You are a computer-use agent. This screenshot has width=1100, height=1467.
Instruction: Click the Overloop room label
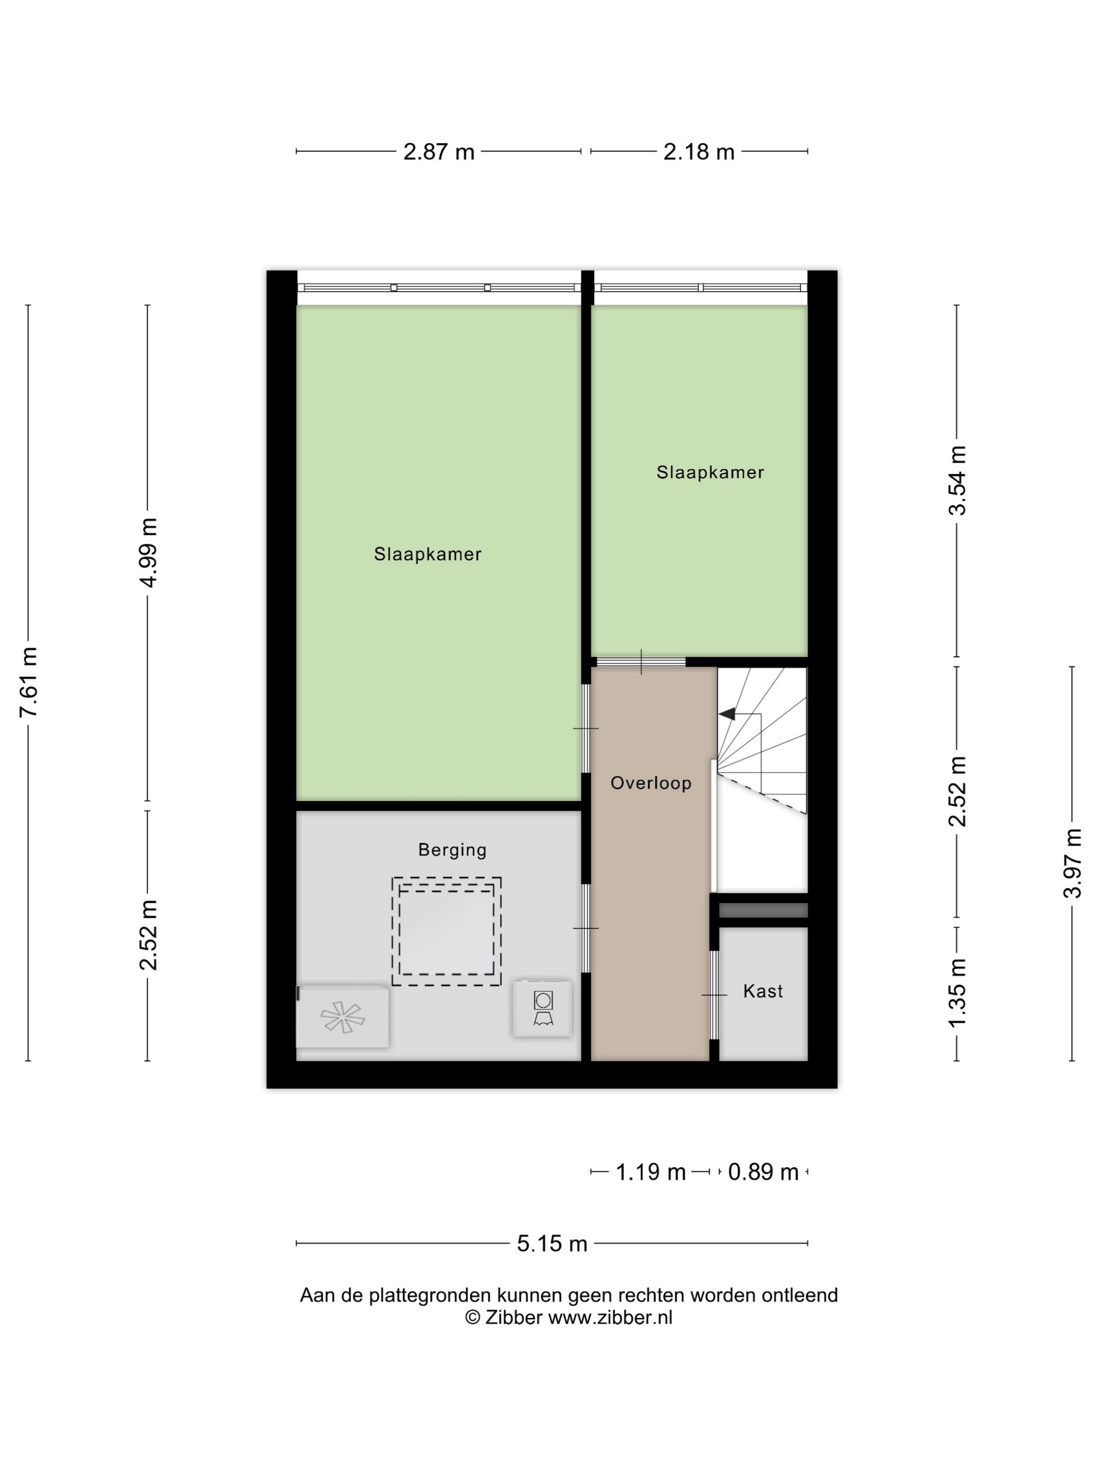(x=651, y=783)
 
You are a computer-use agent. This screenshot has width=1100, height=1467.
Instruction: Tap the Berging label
(x=452, y=850)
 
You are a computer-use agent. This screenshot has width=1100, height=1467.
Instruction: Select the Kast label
(x=763, y=991)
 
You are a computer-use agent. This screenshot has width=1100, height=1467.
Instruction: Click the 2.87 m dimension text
(x=439, y=152)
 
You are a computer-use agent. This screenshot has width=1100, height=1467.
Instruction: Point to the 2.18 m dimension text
(x=699, y=152)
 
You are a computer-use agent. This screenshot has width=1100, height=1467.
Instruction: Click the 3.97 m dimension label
(x=1072, y=863)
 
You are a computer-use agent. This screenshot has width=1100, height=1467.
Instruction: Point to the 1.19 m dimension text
(x=651, y=1172)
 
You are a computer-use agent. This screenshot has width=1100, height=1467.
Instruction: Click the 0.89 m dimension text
(x=763, y=1172)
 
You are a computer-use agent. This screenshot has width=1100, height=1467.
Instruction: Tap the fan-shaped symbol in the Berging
(x=342, y=1017)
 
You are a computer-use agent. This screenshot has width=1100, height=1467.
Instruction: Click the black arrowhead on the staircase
(x=728, y=714)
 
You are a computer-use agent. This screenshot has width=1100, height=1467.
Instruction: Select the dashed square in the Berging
(x=446, y=931)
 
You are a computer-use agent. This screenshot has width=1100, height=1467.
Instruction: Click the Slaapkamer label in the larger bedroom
(x=427, y=554)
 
